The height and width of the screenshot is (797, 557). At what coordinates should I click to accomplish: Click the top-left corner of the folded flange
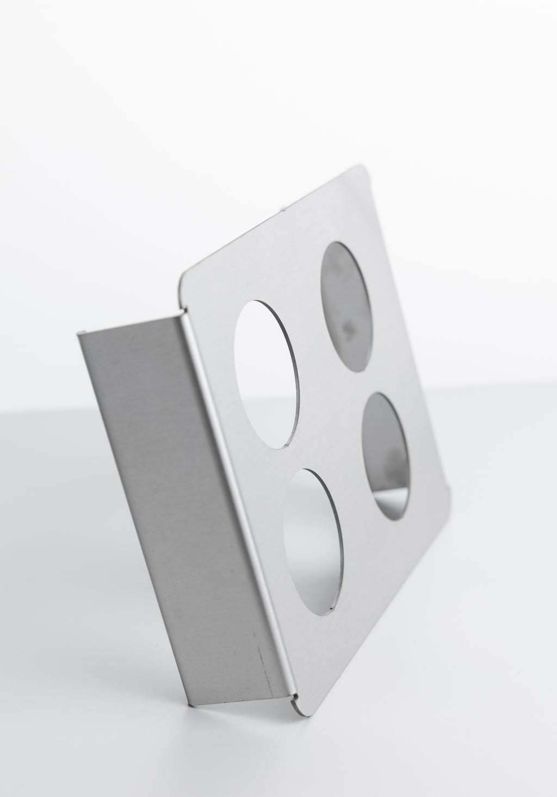click(81, 333)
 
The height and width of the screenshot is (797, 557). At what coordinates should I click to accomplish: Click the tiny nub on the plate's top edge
click(282, 207)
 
